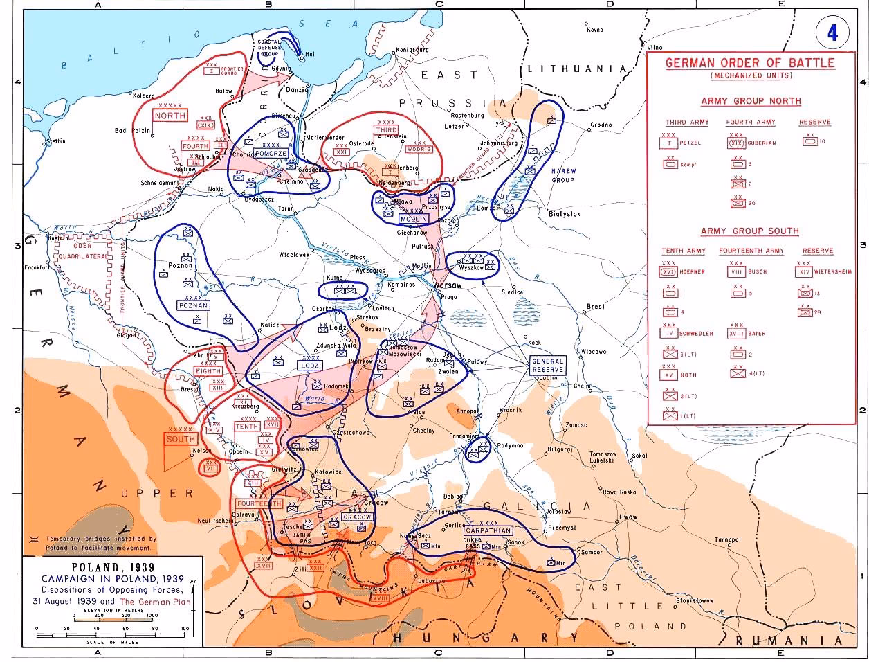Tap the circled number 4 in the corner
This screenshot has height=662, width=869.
pos(832,33)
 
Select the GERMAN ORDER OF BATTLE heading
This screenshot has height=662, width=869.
pos(750,63)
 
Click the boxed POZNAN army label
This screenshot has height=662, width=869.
pos(193,305)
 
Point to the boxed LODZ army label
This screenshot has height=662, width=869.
pos(309,365)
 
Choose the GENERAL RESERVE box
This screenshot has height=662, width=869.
pos(547,366)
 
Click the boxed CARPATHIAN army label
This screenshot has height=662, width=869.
pos(488,530)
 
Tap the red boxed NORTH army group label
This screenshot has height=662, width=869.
pos(170,116)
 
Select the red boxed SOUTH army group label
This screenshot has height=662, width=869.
pos(181,439)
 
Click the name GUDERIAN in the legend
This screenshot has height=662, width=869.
pos(762,143)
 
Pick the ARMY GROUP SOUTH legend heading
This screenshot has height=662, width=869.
pos(749,231)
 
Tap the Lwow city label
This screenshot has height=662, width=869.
pos(628,517)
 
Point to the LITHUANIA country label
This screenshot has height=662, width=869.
pos(576,69)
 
